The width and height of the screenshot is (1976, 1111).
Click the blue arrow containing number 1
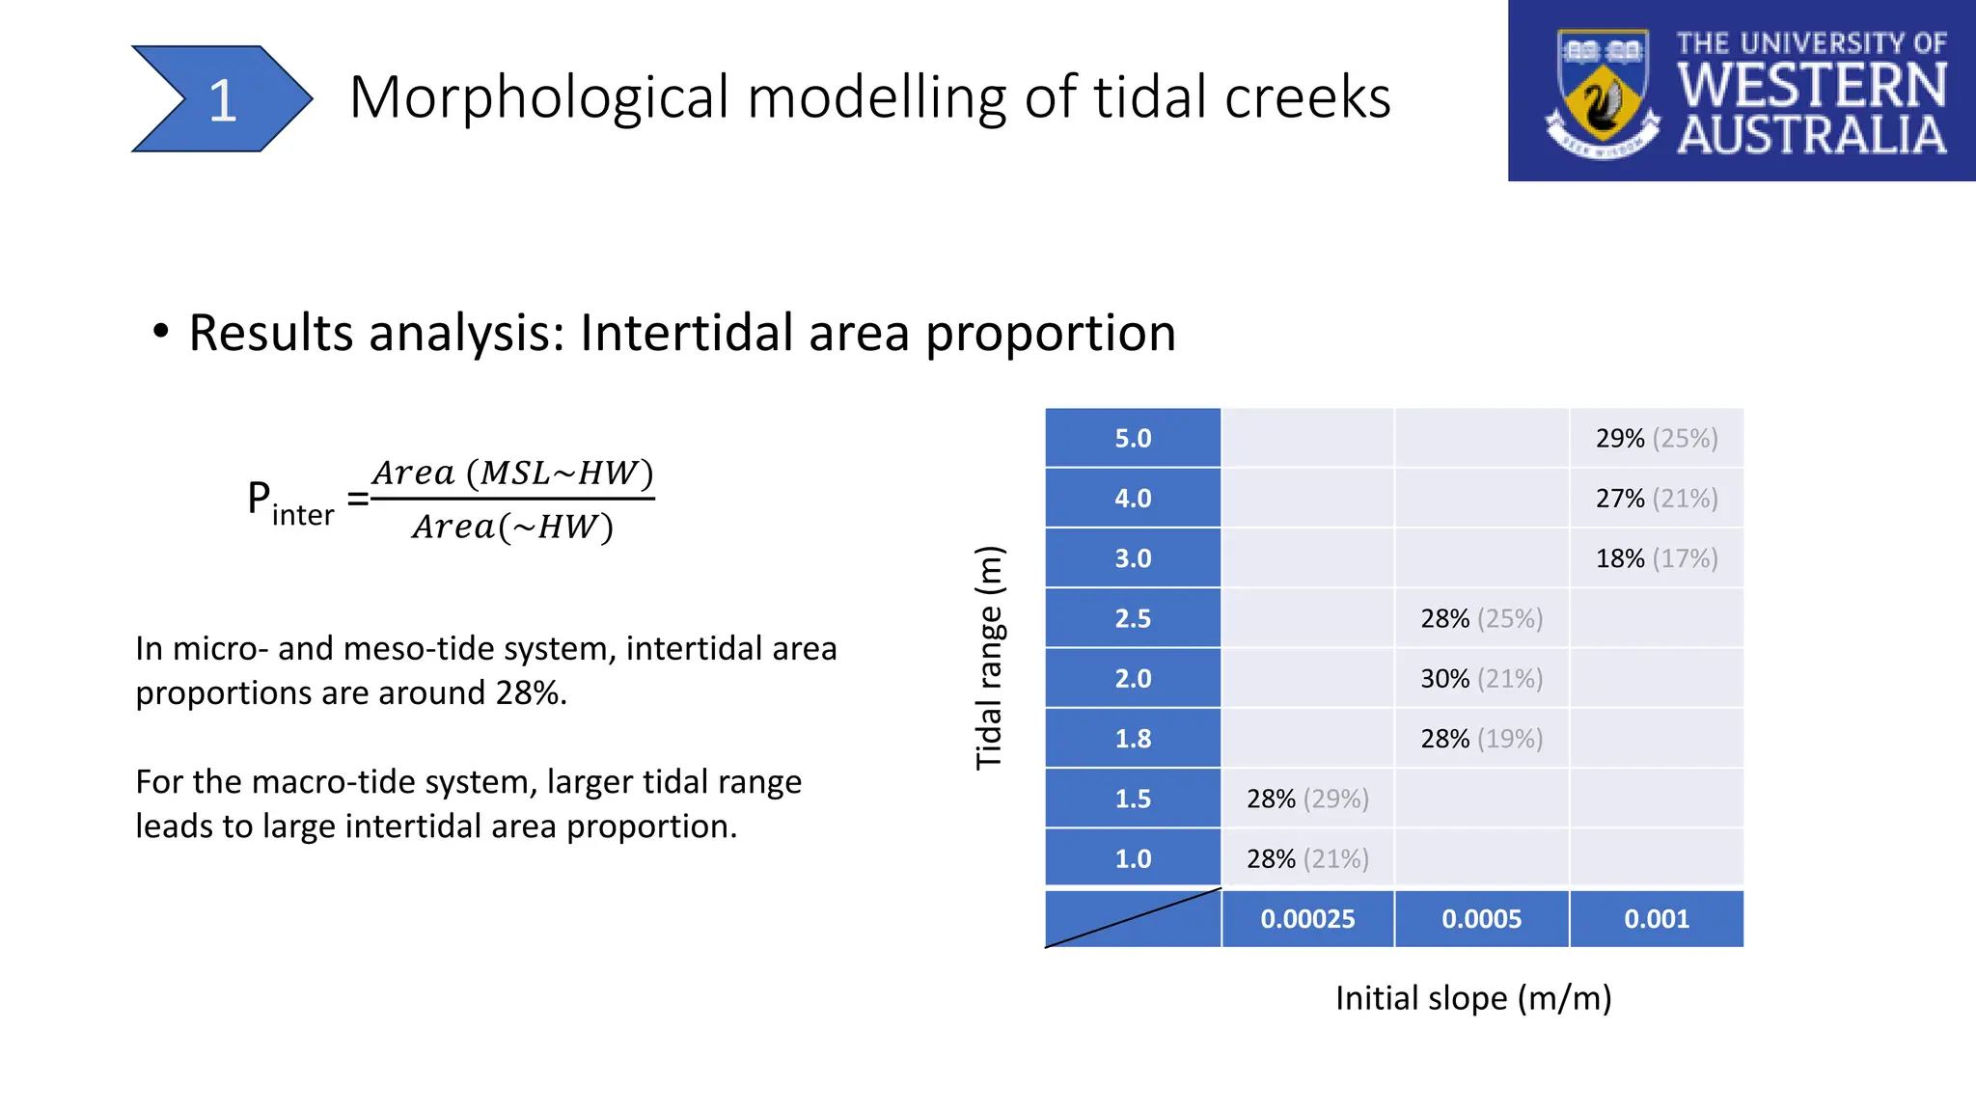pyautogui.click(x=221, y=98)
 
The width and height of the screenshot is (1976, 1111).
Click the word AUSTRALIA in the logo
pyautogui.click(x=1811, y=136)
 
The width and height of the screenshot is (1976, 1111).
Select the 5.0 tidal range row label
pyautogui.click(x=1133, y=439)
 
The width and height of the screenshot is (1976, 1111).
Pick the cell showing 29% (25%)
pyautogui.click(x=1656, y=439)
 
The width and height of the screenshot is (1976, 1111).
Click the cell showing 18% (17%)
pyautogui.click(x=1656, y=558)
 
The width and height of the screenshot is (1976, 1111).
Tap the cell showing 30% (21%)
pyautogui.click(x=1481, y=679)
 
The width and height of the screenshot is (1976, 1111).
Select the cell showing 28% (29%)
pyautogui.click(x=1307, y=799)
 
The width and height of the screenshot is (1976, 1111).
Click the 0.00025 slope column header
pyautogui.click(x=1307, y=919)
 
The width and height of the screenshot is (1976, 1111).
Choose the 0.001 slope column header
pyautogui.click(x=1656, y=919)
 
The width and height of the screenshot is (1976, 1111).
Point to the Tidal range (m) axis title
pyautogui.click(x=989, y=658)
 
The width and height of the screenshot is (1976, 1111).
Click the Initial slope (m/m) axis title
pyautogui.click(x=1472, y=998)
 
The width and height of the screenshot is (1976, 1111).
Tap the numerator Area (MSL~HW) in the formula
pyautogui.click(x=512, y=473)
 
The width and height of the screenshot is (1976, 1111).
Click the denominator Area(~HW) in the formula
pyautogui.click(x=512, y=527)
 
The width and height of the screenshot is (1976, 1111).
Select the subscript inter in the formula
pyautogui.click(x=302, y=516)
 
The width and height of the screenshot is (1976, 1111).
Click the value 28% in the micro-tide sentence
pyautogui.click(x=528, y=693)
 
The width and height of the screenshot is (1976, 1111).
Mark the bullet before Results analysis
pyautogui.click(x=161, y=333)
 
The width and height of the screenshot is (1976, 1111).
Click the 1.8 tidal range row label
pyautogui.click(x=1133, y=739)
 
